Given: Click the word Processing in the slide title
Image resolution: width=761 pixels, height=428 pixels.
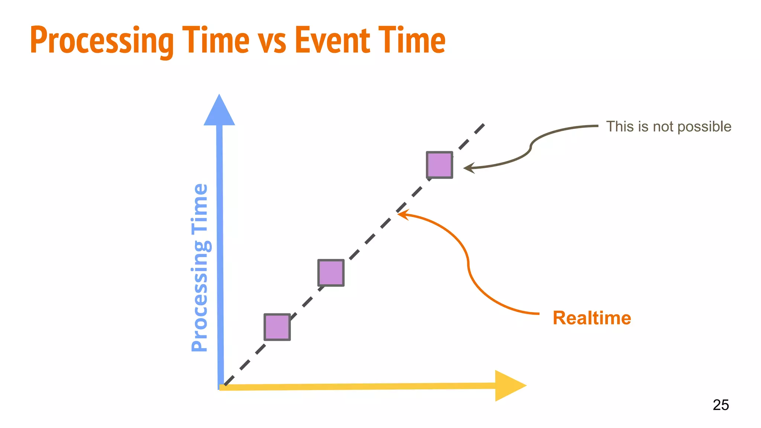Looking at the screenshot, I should coord(101,41).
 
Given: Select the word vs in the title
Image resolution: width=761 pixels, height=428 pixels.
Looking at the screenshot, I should coord(272,41).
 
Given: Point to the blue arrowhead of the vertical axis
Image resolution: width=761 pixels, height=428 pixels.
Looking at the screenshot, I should coord(219,111).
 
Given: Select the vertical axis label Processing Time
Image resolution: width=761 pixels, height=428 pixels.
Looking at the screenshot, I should coord(200,267).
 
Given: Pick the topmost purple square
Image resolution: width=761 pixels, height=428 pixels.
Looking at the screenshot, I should coord(439,165).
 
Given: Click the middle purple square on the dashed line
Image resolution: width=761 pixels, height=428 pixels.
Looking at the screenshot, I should coord(331,273).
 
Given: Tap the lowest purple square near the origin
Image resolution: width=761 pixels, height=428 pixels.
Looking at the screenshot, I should coord(277,327).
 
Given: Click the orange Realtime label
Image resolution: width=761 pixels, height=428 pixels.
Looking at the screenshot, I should coord(592,318).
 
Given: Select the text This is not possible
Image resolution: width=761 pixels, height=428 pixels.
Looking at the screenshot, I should coord(668,127).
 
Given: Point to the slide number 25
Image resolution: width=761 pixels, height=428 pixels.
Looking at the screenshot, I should coord(720,405).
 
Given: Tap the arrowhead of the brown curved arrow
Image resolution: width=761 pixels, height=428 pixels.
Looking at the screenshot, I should coord(468,168).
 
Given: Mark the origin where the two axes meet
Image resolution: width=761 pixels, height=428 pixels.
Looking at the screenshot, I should coord(221,387).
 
